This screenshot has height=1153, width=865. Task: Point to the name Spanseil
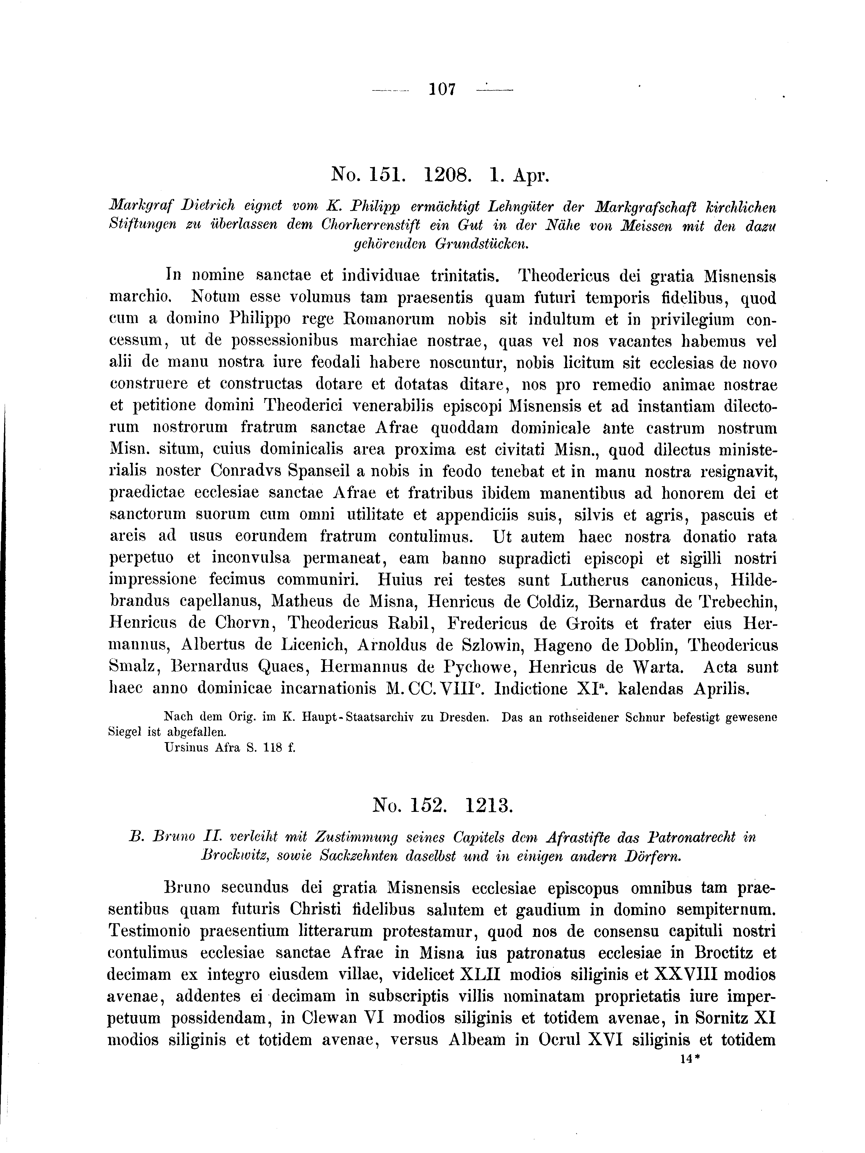tap(317, 471)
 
